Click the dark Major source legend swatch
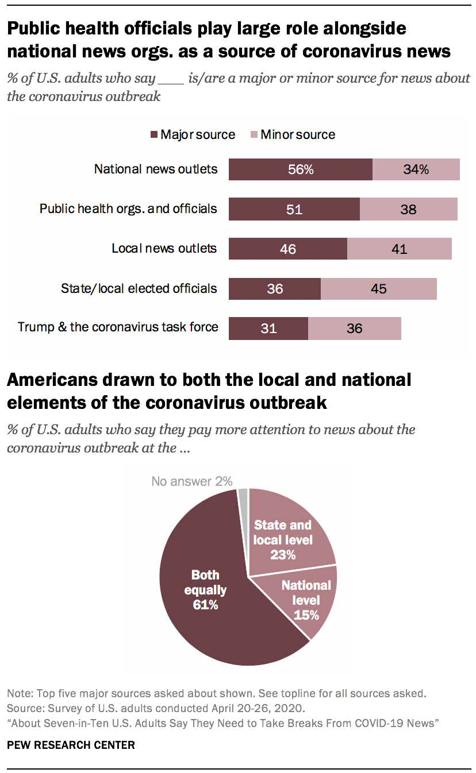153,135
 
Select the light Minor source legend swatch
254,135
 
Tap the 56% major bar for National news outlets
300,169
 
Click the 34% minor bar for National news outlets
416,169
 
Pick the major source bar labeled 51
294,210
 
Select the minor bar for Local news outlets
399,249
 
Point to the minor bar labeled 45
378,289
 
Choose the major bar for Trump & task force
268,328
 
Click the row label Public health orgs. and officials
128,208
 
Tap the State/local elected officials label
139,288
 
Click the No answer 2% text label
191,481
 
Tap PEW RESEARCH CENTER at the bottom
71,745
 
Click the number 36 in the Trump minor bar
354,329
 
